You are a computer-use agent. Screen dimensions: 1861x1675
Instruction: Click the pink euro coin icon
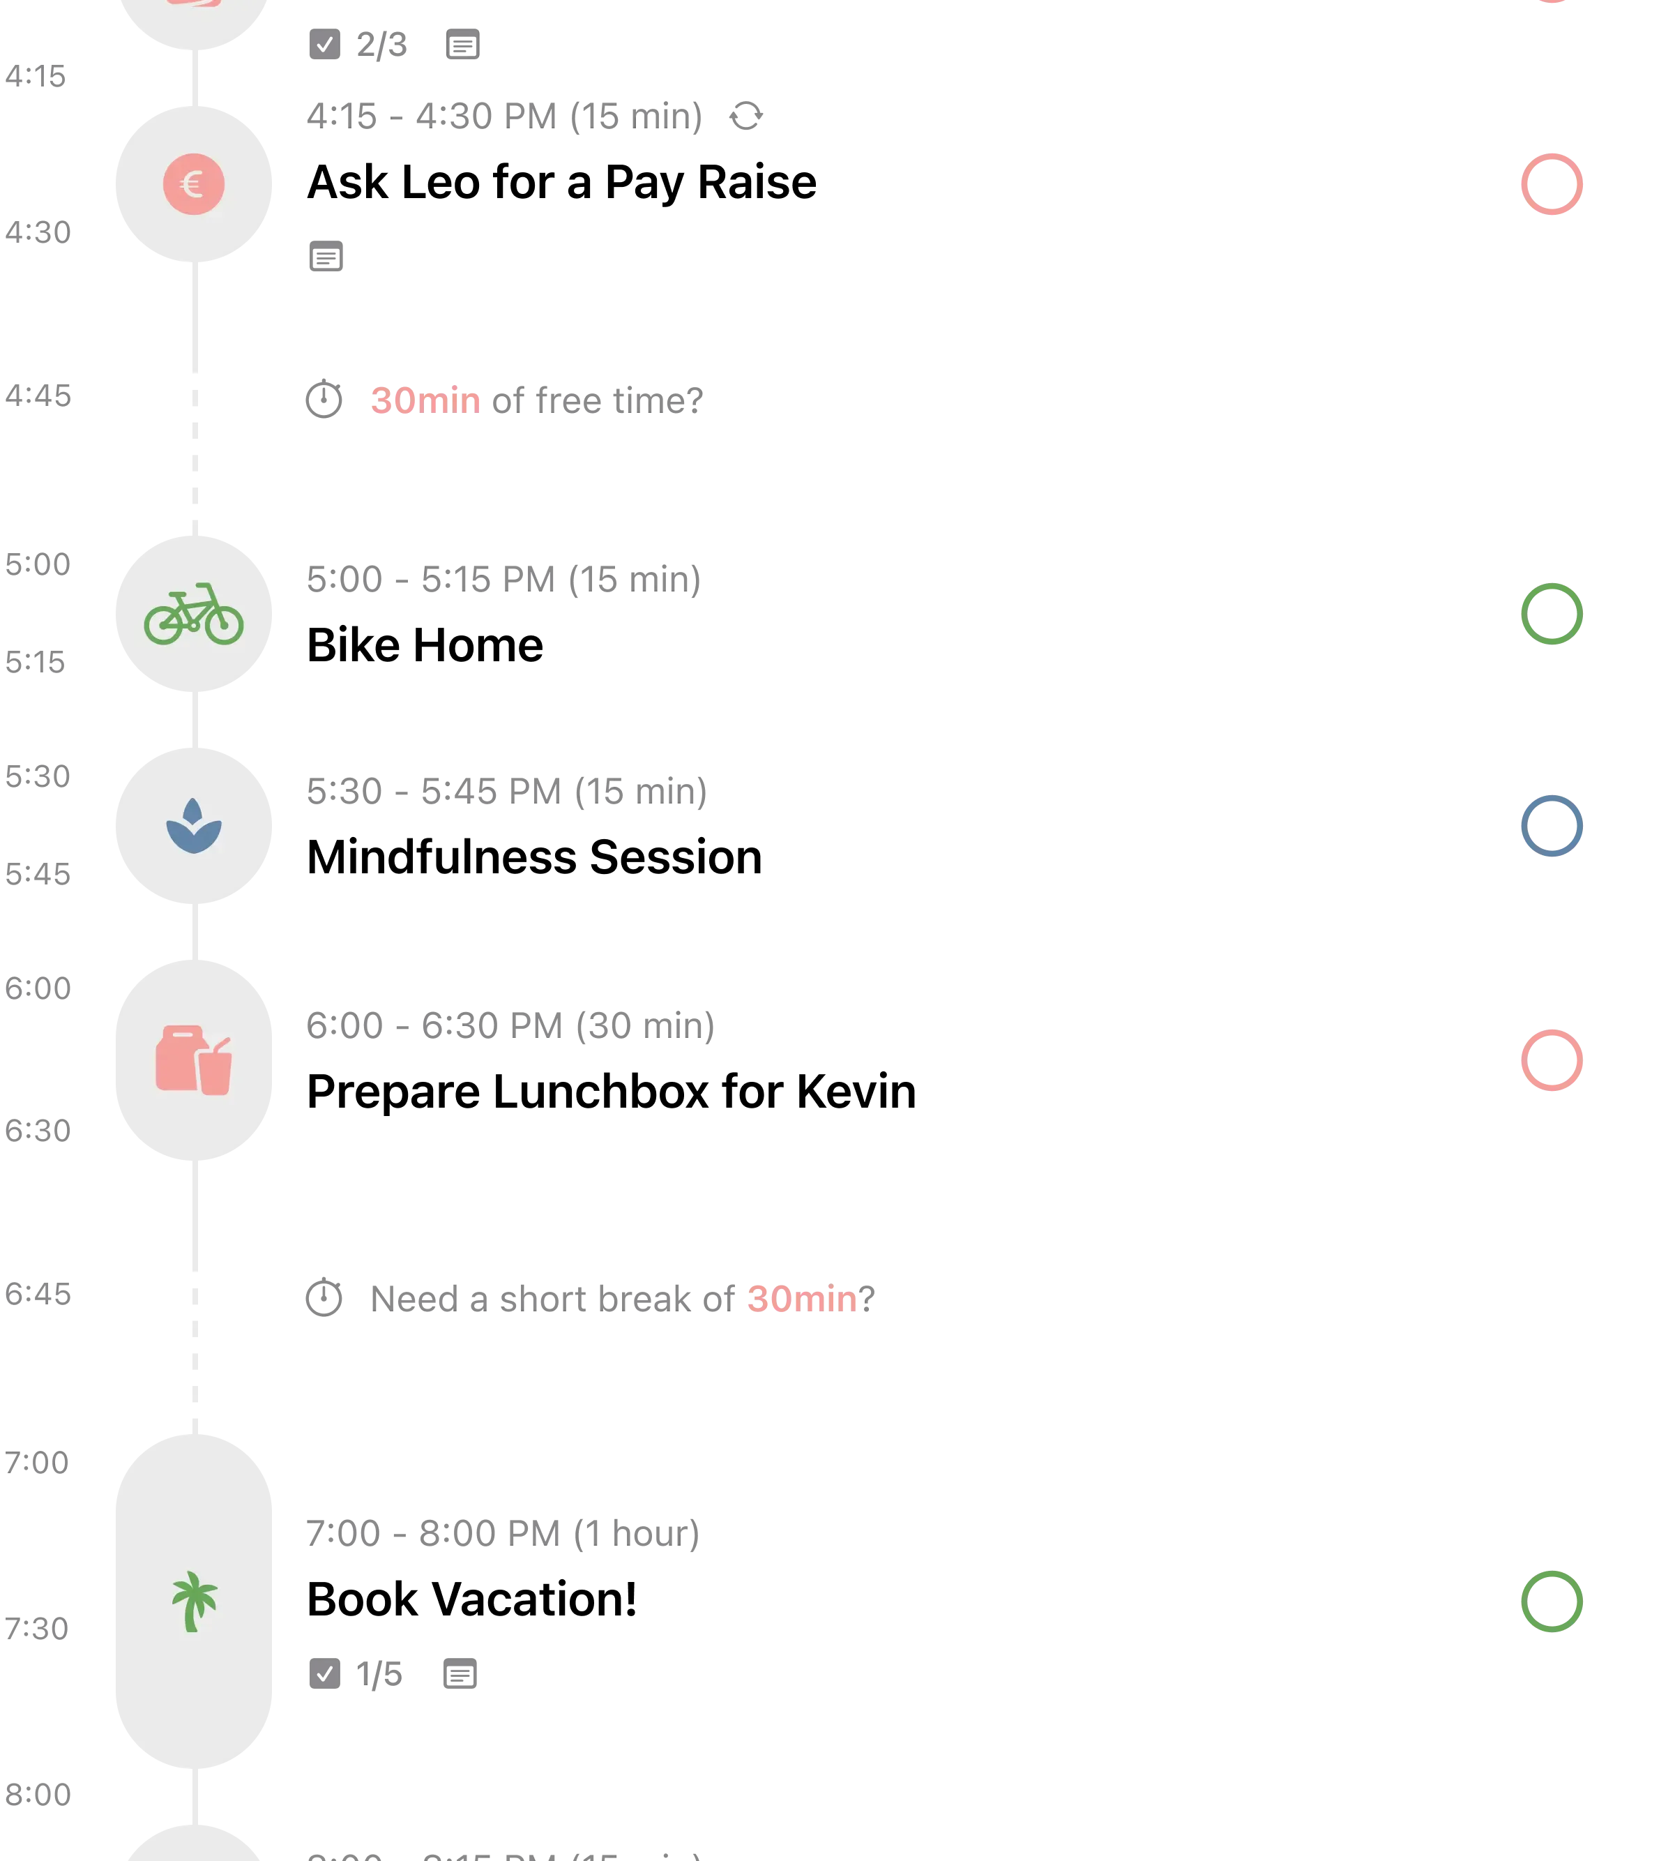point(193,184)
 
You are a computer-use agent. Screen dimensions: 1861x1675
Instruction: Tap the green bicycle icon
point(193,614)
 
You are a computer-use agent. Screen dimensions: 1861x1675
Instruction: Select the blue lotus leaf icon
point(193,826)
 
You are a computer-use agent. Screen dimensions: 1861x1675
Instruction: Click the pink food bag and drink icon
point(193,1060)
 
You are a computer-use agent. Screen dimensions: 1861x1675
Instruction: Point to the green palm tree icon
point(193,1602)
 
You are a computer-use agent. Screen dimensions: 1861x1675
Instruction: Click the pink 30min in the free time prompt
point(424,400)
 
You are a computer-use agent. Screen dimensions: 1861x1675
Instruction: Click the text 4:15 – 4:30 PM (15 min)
point(503,117)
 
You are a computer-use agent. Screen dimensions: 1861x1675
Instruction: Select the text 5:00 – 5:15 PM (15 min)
point(503,581)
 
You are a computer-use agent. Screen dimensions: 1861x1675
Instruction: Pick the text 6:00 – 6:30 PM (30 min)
point(509,1026)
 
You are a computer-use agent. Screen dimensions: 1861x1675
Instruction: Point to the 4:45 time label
point(38,395)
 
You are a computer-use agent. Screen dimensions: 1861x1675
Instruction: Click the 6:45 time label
point(38,1293)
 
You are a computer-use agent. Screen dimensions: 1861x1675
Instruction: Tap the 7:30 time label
point(38,1627)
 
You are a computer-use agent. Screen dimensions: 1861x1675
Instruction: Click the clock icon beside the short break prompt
point(323,1297)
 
